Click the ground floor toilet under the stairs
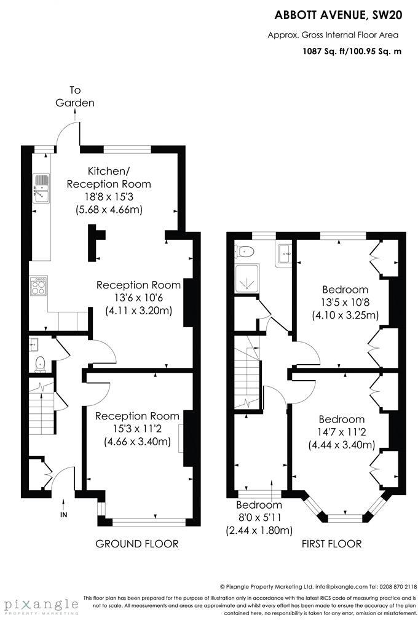[x=41, y=364]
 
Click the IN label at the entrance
[x=63, y=514]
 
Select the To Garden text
[x=75, y=97]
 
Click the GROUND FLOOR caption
[x=136, y=544]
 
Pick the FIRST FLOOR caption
[x=331, y=544]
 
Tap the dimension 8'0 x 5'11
[x=258, y=519]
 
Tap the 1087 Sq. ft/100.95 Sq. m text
[x=352, y=52]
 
